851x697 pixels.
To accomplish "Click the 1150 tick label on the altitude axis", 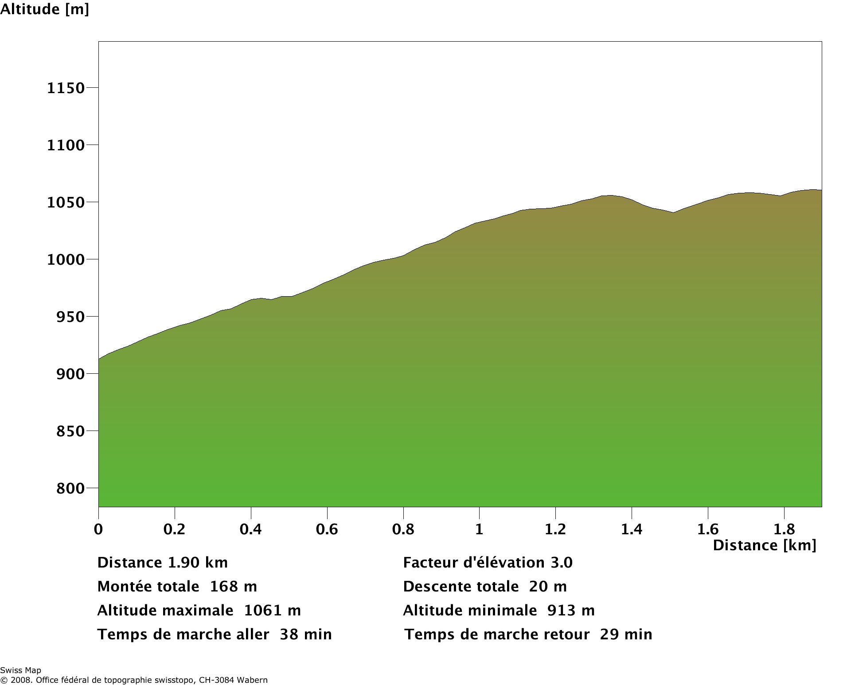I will (x=66, y=88).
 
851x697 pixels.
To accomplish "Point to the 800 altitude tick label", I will (x=70, y=489).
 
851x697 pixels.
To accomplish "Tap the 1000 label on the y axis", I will (x=66, y=260).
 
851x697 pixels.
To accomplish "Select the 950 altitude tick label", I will (x=70, y=317).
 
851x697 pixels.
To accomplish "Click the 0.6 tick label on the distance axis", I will (x=327, y=529).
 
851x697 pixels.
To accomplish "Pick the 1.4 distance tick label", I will (x=632, y=529).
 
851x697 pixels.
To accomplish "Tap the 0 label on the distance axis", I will (x=98, y=529).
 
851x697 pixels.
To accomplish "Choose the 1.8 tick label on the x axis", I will (x=784, y=529).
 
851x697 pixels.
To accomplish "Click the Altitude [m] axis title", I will (x=44, y=9).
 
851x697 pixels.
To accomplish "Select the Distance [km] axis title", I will (x=764, y=545).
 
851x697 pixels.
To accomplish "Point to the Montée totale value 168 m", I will (x=233, y=587).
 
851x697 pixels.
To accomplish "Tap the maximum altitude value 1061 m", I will (x=272, y=611).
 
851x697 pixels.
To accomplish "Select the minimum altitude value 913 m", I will (x=571, y=611).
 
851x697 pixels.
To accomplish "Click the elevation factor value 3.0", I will (x=562, y=563).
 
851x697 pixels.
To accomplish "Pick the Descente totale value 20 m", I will (x=548, y=587).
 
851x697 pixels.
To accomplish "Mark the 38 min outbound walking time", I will (x=305, y=634).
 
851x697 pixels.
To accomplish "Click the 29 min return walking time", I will (x=626, y=634).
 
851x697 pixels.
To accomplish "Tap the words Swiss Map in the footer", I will (x=20, y=670).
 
